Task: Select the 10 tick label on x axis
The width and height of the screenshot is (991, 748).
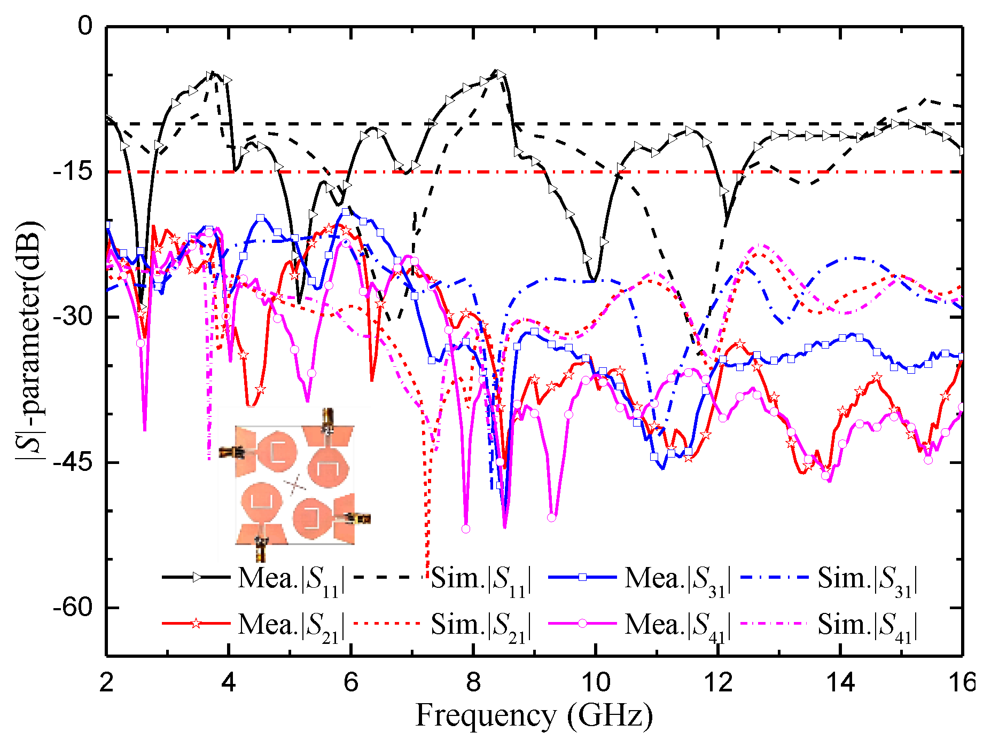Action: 595,683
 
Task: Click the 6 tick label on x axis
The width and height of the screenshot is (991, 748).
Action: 351,683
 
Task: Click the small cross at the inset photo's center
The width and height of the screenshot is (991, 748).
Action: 295,485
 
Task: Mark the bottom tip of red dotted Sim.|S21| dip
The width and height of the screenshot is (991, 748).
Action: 426,577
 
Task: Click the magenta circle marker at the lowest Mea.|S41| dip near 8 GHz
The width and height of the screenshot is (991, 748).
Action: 465,529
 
